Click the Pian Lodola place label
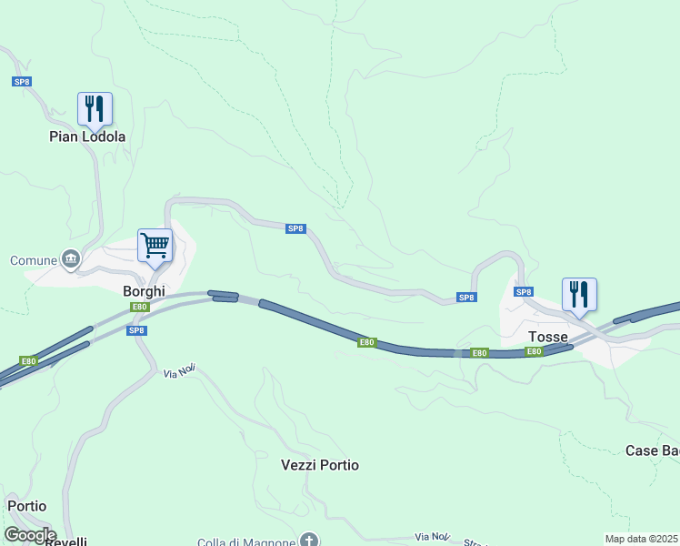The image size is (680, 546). coord(87,136)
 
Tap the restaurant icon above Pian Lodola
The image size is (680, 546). coord(95,109)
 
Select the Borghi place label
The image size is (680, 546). coord(144,291)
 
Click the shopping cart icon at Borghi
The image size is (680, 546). coord(155,246)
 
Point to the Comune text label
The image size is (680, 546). coord(34,260)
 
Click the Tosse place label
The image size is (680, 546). coord(548,337)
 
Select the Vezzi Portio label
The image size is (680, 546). coord(320,465)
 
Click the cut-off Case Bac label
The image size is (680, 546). coord(652,450)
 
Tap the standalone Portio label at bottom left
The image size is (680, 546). coord(26,506)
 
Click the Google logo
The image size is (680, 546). coord(30,535)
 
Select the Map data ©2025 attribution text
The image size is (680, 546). coord(642,539)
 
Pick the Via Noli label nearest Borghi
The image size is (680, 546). coord(180,371)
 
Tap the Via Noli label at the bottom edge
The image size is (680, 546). coord(432,536)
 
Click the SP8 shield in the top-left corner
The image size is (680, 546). coord(22,82)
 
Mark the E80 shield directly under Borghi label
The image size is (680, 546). coord(139,307)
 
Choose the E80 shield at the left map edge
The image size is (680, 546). coord(29,361)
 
